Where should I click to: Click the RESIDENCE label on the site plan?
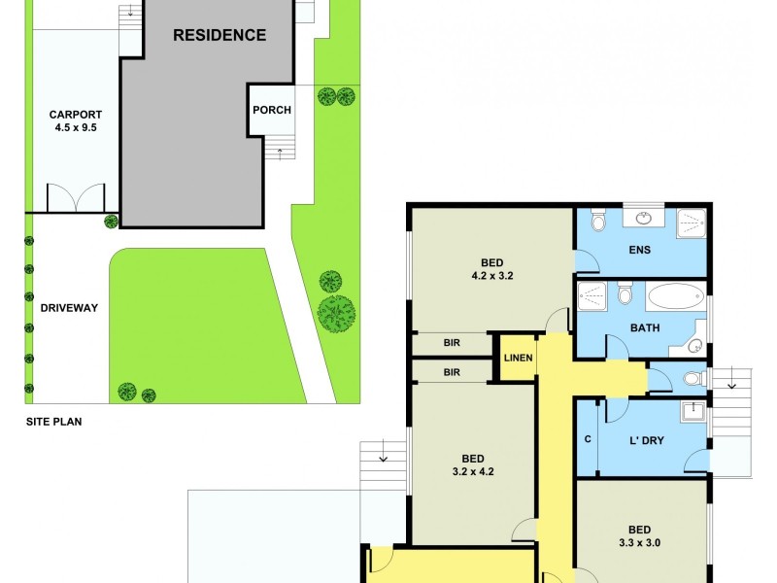point(220,36)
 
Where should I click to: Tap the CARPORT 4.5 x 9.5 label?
point(76,120)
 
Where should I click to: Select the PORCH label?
point(272,110)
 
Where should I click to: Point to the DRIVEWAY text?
point(69,308)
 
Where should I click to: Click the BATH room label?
point(644,328)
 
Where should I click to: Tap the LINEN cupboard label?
point(518,359)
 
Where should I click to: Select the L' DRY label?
point(647,441)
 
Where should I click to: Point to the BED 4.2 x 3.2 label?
point(492,268)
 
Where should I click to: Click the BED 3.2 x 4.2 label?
point(473,466)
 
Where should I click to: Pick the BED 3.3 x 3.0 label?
point(639,536)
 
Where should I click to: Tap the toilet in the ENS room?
point(599,222)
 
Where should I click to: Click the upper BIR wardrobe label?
point(452,343)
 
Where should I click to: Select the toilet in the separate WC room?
point(692,377)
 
